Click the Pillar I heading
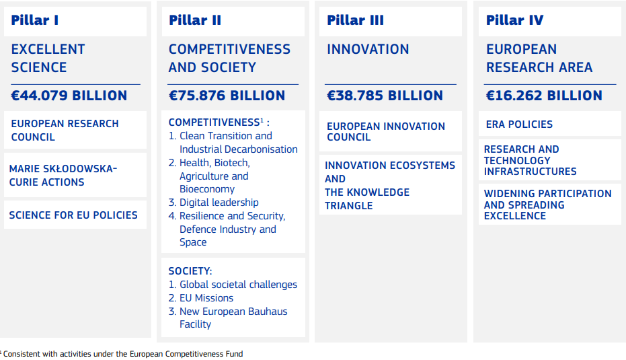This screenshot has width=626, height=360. pyautogui.click(x=35, y=20)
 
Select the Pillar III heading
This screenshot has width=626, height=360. pyautogui.click(x=355, y=20)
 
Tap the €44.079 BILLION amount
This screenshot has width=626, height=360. pyautogui.click(x=69, y=96)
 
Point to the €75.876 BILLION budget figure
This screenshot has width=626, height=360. pyautogui.click(x=227, y=96)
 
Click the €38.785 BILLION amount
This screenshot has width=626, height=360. pyautogui.click(x=385, y=96)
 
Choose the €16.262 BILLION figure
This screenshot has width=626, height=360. pyautogui.click(x=544, y=96)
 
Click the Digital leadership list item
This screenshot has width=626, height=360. pyautogui.click(x=219, y=203)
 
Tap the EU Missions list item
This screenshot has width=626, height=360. pyautogui.click(x=206, y=298)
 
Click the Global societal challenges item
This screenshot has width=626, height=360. pyautogui.click(x=238, y=285)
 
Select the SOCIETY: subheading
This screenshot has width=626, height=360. pyautogui.click(x=190, y=271)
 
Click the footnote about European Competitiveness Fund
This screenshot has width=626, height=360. pyautogui.click(x=122, y=354)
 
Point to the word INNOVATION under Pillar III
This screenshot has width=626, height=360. pyautogui.click(x=368, y=49)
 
